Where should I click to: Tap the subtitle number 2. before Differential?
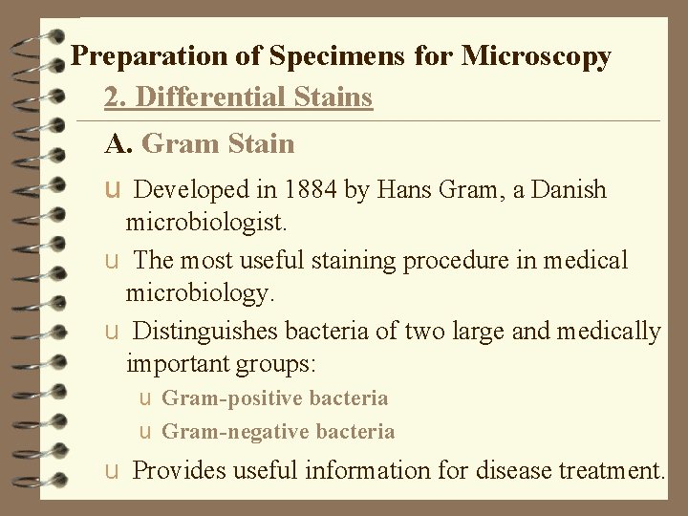coord(116,97)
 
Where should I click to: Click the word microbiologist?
coord(204,224)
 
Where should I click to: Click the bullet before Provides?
coord(113,471)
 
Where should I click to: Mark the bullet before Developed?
coord(113,190)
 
